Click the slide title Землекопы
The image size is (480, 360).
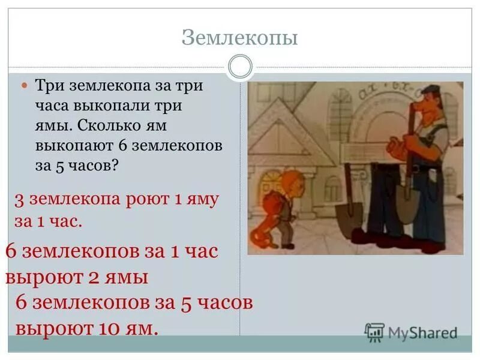point(240,39)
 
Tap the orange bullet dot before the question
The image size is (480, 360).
point(25,86)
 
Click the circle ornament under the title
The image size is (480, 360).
point(240,67)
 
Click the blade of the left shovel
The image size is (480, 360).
point(349,218)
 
